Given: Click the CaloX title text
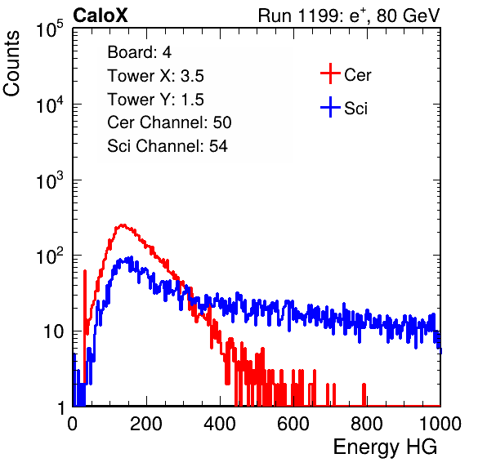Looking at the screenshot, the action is (101, 16).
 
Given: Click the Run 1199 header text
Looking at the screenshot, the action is (349, 16).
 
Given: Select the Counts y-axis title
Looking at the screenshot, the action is (11, 64).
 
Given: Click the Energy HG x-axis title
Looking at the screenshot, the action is (385, 447).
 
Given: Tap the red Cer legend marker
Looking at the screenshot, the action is (330, 73).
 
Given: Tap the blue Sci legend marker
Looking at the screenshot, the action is (330, 108).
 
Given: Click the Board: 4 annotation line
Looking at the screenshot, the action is (139, 52).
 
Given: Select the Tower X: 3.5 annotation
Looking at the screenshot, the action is (155, 76).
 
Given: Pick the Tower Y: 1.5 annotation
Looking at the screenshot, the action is (155, 100).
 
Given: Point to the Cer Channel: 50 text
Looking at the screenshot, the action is (169, 122).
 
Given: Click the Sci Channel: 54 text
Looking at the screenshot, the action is (168, 146).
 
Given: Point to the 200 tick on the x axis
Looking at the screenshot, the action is (146, 424).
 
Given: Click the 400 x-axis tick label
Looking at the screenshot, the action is (220, 424).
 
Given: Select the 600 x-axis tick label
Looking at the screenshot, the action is (293, 424).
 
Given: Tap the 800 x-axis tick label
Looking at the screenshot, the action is (367, 424).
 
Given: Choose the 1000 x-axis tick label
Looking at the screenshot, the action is (440, 424).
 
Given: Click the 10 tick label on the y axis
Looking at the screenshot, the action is (53, 331).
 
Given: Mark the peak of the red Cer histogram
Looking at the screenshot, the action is (123, 225).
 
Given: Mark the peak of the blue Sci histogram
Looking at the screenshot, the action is (132, 257).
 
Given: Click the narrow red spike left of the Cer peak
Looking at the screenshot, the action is (85, 298).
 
